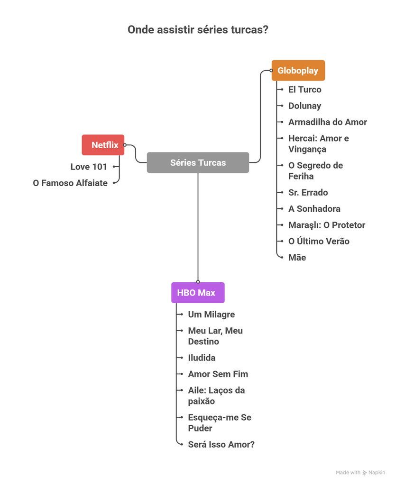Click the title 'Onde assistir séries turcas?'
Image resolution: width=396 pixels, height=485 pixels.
click(198, 30)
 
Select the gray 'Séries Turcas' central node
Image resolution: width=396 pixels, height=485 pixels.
click(198, 162)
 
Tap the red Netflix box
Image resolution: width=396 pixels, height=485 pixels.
click(103, 145)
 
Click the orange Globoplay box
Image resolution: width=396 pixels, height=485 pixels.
click(298, 71)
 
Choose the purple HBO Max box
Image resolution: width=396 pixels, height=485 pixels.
click(197, 293)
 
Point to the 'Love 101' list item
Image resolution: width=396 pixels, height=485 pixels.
click(89, 167)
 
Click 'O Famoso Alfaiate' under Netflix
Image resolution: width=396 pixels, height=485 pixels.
click(70, 183)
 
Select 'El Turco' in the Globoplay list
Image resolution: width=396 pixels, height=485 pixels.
click(304, 90)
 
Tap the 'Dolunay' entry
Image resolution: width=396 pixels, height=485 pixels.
click(304, 106)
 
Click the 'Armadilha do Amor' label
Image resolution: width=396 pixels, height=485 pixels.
click(327, 122)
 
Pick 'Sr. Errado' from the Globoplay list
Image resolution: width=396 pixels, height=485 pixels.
click(308, 192)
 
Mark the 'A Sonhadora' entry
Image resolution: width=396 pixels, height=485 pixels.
click(314, 209)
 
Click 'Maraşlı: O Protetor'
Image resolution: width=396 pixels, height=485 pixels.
click(326, 225)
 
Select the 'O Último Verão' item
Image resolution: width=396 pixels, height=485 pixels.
click(319, 241)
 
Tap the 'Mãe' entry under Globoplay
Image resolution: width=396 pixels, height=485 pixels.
click(297, 258)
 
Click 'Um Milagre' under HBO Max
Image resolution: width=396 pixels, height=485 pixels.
click(211, 314)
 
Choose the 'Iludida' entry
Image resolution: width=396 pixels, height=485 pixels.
click(202, 358)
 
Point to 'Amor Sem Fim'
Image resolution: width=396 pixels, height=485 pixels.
click(218, 374)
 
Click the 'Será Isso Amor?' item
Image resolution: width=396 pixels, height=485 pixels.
click(221, 444)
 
